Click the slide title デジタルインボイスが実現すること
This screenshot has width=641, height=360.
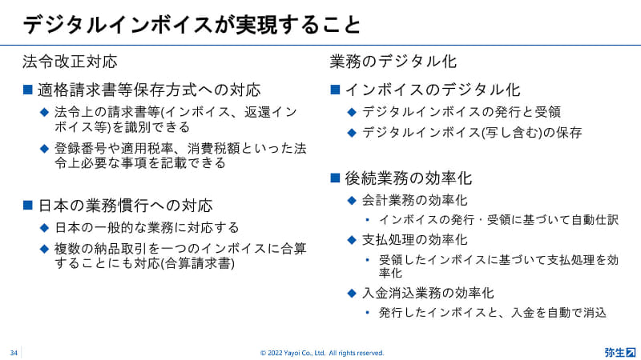coord(191,25)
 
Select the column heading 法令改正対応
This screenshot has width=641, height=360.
coord(70,62)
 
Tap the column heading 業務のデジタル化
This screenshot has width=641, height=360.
coord(393,62)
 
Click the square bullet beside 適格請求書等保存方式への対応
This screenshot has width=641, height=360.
coord(28,90)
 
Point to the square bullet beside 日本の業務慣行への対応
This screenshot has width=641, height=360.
coord(28,205)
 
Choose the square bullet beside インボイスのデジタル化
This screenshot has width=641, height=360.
coord(335,90)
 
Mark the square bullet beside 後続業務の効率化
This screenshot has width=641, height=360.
coord(335,178)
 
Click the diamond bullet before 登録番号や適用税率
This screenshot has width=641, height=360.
coord(45,149)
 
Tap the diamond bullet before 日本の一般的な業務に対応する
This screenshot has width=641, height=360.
coord(45,228)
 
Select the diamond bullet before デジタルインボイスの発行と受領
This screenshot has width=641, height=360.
coord(352,112)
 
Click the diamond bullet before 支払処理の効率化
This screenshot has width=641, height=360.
coord(352,239)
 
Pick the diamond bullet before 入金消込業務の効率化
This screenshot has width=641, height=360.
coord(352,293)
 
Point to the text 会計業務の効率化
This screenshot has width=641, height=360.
coord(414,201)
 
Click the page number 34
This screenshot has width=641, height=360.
coord(14,353)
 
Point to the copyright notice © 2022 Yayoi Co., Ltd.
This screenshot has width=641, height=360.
coord(322,353)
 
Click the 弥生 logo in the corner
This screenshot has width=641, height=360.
coord(620,352)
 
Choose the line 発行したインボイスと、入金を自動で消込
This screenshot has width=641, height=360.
coord(493,313)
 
